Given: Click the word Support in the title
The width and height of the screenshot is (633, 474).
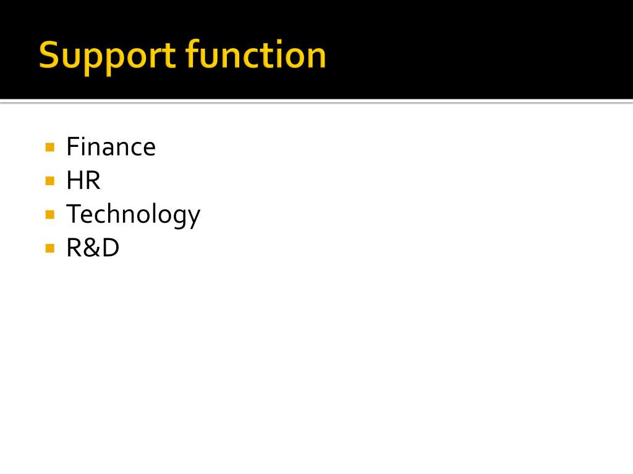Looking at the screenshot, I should coord(108,56).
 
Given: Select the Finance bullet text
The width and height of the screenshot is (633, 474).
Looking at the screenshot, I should coord(111,147).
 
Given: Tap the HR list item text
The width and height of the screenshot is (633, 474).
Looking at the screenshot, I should coord(83,181).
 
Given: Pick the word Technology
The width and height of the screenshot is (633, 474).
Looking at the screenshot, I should coord(133,215).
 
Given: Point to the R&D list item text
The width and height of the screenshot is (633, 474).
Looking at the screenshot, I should coord(93,248).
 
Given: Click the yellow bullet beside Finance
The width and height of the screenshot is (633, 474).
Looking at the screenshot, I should coord(50,148).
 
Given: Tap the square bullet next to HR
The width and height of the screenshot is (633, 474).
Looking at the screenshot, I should coord(50,181).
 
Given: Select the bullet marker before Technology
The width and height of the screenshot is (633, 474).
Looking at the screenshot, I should coord(50,215).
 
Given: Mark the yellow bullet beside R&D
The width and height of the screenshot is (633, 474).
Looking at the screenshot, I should coord(50,249).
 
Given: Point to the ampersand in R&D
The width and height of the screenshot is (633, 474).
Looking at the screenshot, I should coord(92,248).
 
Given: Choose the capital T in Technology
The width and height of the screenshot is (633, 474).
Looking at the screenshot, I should coord(73,214).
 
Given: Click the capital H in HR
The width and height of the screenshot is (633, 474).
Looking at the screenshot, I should coord(74,181).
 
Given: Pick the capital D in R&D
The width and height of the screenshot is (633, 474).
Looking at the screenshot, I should coord(110,248).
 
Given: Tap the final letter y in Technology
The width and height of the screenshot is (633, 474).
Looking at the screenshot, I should coord(193,217).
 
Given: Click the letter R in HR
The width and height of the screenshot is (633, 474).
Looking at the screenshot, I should coord(92,181).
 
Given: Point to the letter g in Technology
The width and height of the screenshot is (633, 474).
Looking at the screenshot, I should coord(179,217).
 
